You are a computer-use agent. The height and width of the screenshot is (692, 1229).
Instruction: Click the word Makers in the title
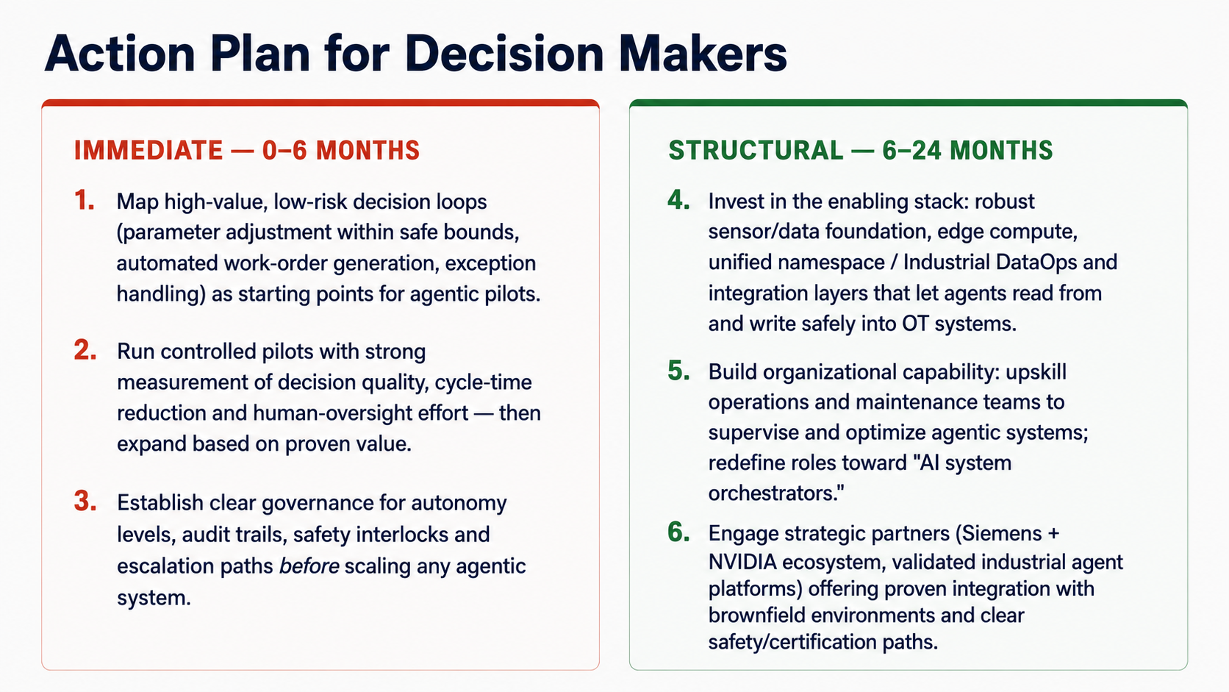[703, 53]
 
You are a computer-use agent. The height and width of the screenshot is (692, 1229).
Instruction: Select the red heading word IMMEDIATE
[148, 150]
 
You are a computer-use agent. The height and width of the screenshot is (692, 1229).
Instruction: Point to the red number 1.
[84, 200]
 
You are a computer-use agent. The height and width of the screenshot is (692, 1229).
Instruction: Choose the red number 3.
[85, 501]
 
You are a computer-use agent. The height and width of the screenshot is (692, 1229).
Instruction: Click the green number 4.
[678, 200]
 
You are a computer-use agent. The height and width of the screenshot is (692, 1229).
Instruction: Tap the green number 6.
[678, 532]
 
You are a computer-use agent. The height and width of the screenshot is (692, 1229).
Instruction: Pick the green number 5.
[678, 371]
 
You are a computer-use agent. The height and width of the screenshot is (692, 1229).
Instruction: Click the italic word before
[309, 566]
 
